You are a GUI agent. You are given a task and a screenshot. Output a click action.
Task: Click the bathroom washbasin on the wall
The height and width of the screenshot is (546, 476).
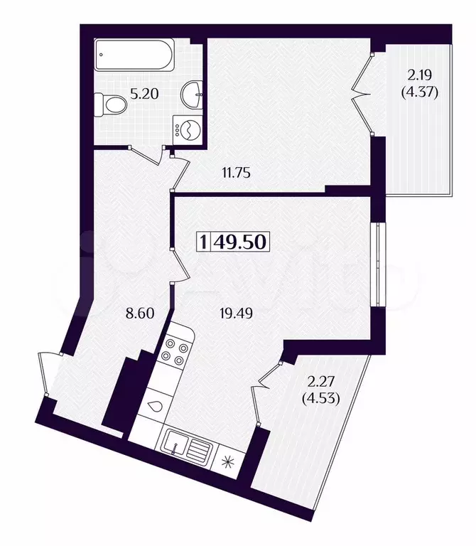pos(192,92)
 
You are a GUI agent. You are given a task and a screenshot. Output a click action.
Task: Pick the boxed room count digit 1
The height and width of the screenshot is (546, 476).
pos(205,242)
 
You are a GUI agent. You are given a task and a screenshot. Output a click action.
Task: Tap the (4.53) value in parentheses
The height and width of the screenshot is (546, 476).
pos(323,398)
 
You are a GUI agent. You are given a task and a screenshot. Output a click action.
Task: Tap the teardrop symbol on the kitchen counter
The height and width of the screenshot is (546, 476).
pos(154,407)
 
